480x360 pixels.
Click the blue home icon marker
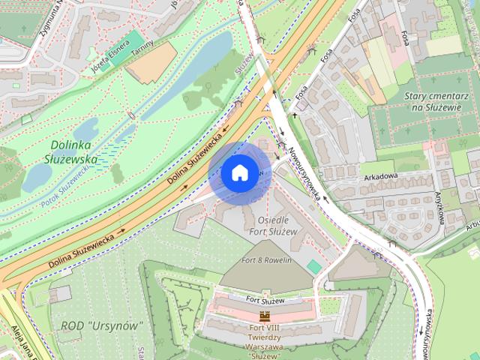239,172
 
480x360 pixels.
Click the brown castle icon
264,316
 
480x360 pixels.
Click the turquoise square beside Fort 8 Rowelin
313,266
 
